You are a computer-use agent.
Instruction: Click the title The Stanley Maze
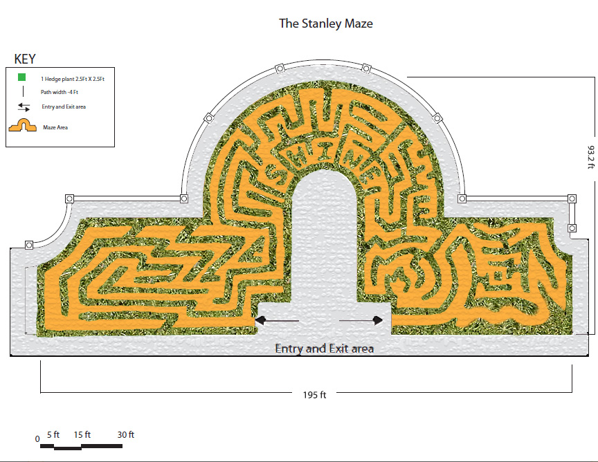326,24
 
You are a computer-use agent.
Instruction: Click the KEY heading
25,59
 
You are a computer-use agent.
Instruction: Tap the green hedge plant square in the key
21,77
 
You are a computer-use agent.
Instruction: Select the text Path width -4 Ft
60,92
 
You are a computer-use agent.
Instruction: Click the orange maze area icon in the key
23,125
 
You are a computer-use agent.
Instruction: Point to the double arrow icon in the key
24,107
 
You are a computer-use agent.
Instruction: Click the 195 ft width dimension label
315,395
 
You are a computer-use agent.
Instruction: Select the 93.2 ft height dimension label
590,157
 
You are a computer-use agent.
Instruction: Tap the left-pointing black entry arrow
277,321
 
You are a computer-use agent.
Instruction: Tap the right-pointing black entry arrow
361,321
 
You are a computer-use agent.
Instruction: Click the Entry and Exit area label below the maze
324,349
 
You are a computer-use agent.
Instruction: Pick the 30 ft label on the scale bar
126,434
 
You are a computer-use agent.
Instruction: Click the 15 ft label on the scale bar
82,434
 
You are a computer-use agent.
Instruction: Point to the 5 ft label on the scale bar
53,434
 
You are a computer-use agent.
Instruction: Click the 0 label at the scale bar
37,438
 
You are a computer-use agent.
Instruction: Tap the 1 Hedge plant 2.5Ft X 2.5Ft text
73,79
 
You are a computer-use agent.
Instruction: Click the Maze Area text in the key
55,127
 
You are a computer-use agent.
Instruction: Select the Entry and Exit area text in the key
64,107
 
